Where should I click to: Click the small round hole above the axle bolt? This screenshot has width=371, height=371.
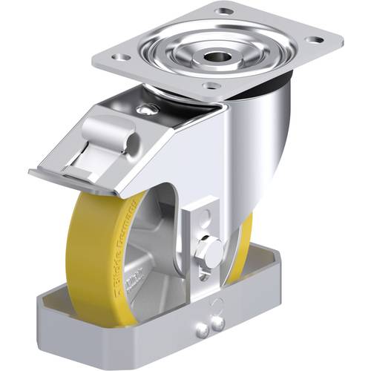[x=206, y=221]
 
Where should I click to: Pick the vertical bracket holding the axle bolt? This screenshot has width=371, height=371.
[x=206, y=237]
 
